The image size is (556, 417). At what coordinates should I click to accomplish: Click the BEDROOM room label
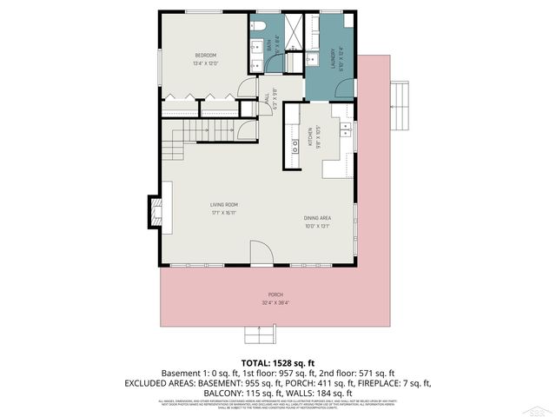click(204, 56)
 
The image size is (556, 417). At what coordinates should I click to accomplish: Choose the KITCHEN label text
click(308, 136)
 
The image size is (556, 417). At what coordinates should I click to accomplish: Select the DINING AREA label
click(316, 218)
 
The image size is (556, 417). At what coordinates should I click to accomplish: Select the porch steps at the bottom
click(259, 334)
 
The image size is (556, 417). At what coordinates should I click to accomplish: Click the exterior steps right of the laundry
click(399, 92)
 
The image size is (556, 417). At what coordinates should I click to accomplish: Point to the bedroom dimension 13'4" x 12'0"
click(205, 63)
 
